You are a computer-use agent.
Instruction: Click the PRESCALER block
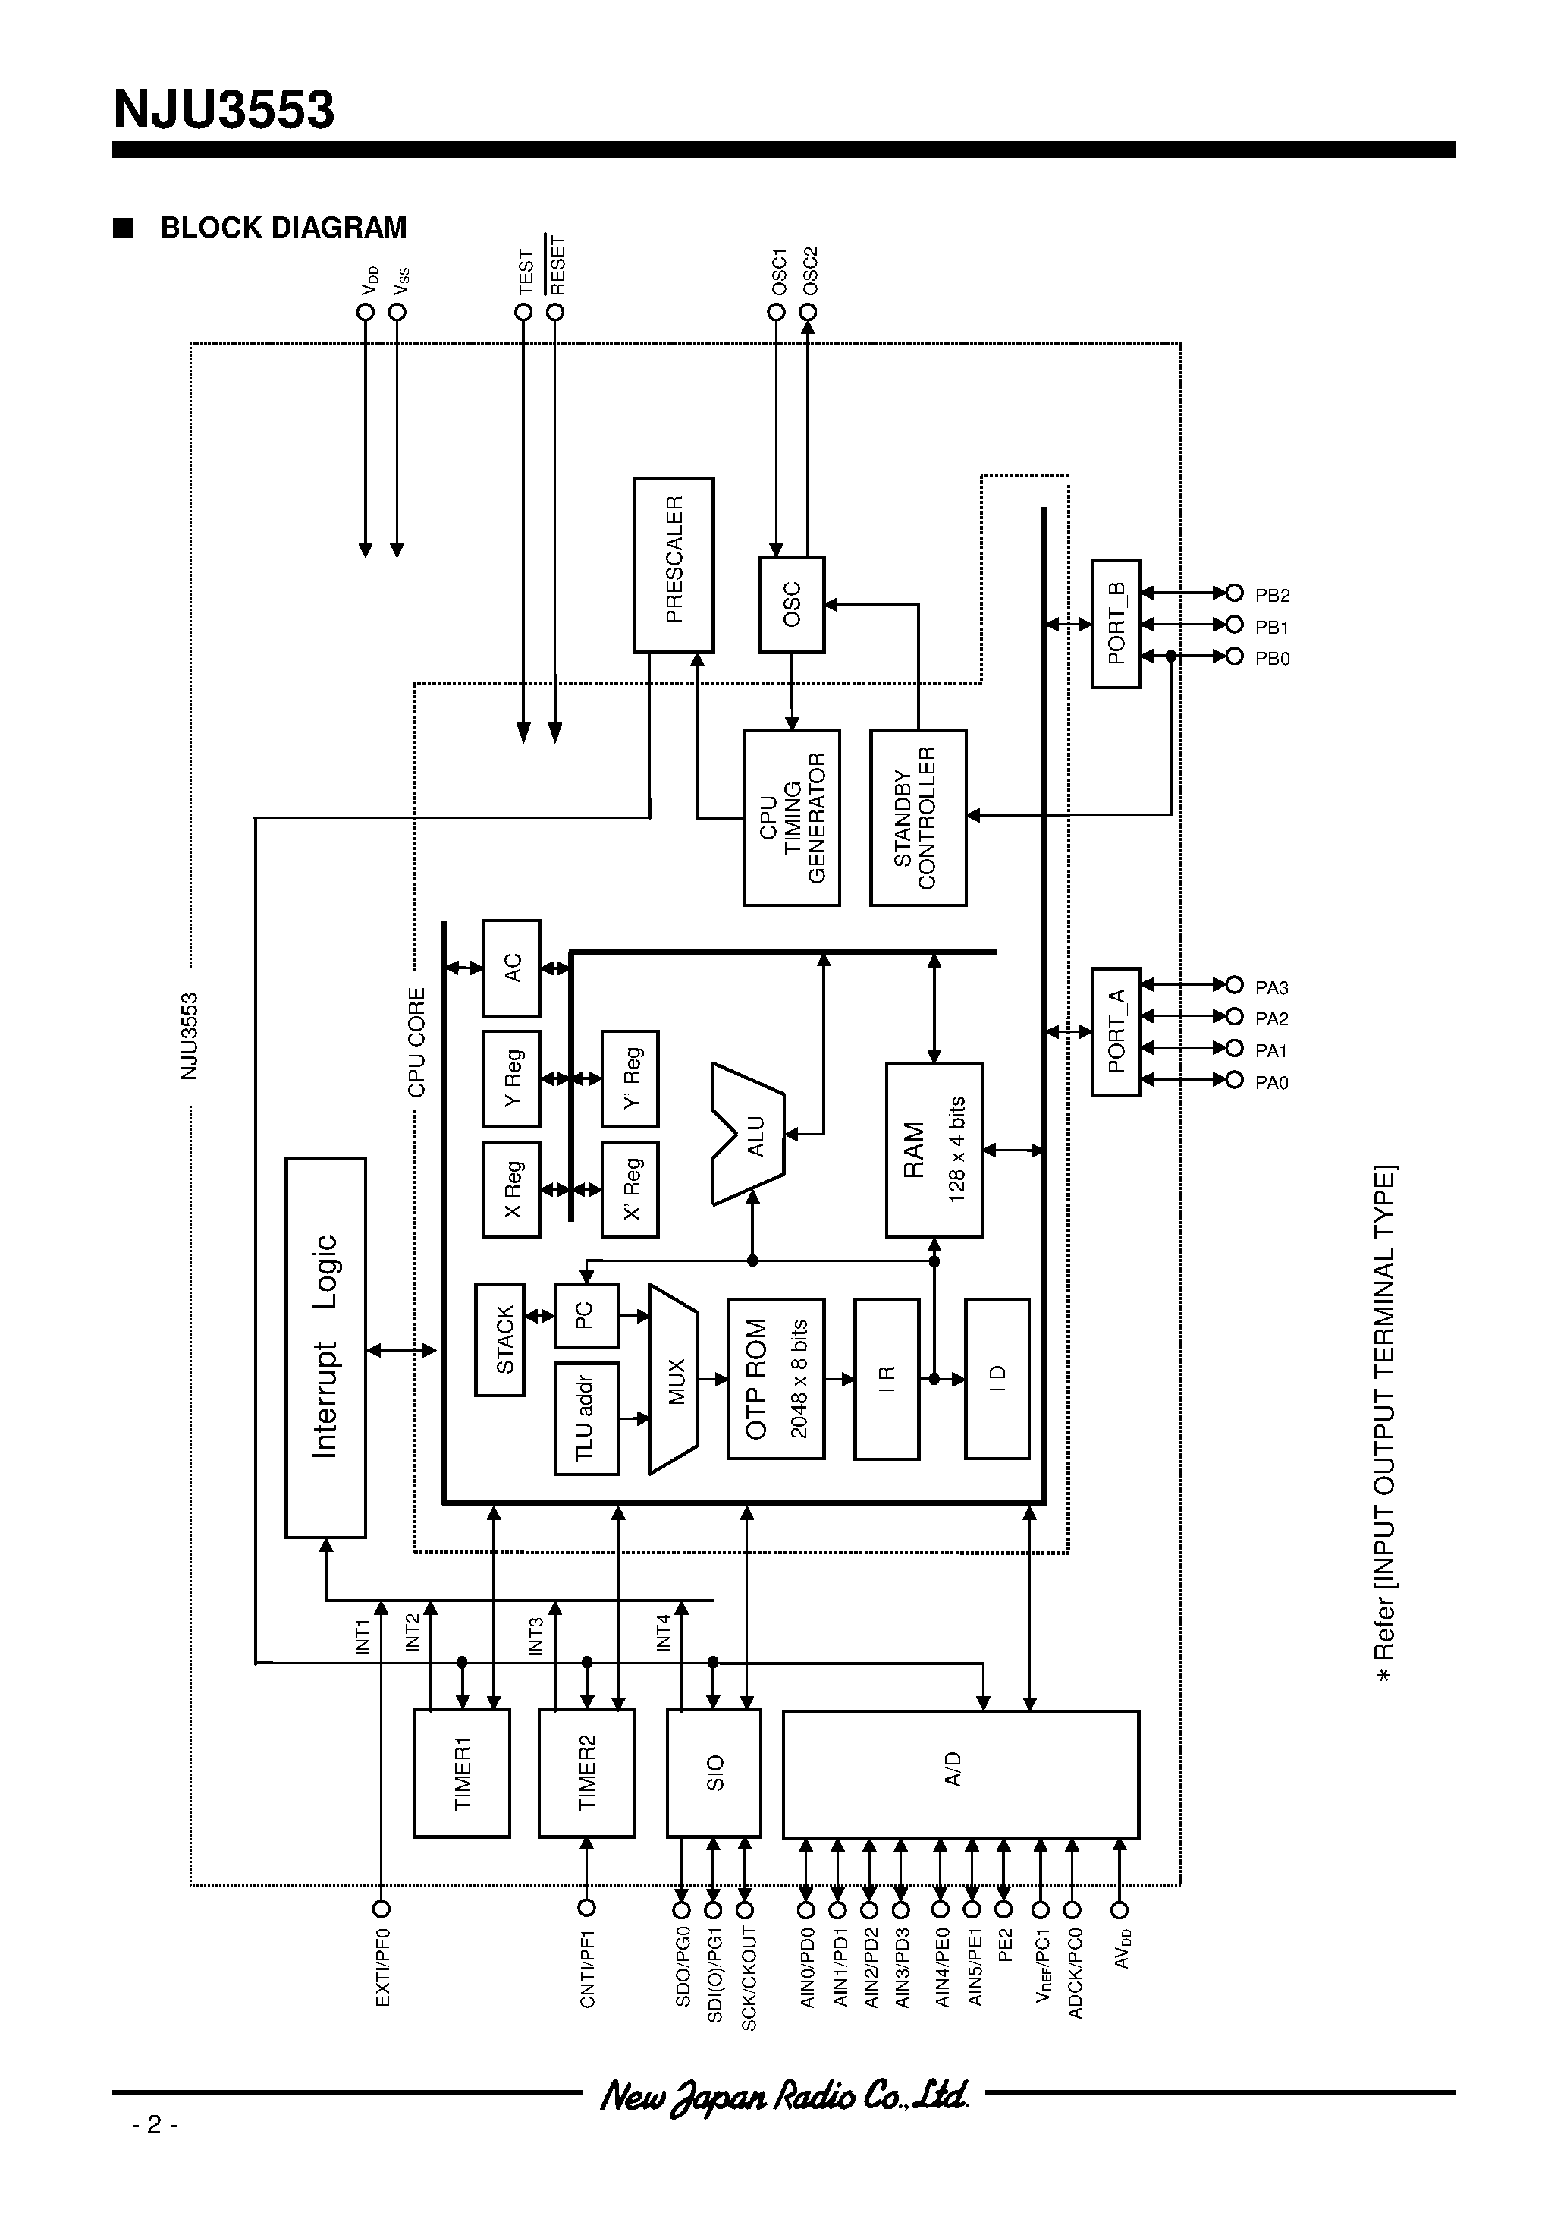[674, 565]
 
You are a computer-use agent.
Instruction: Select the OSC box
[791, 604]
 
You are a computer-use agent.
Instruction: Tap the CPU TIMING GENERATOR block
[791, 817]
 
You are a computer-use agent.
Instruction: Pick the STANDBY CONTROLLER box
[918, 817]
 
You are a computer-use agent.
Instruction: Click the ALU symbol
[749, 1135]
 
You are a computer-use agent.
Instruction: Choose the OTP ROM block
[776, 1379]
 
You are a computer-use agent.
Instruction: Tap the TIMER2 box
[586, 1774]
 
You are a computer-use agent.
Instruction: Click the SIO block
[714, 1774]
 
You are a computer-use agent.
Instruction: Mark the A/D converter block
[960, 1774]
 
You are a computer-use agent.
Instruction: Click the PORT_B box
[1116, 623]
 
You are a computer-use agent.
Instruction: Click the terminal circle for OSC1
[776, 312]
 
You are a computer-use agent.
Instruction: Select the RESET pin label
[557, 266]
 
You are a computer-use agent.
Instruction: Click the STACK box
[500, 1339]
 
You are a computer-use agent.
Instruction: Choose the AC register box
[511, 968]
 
